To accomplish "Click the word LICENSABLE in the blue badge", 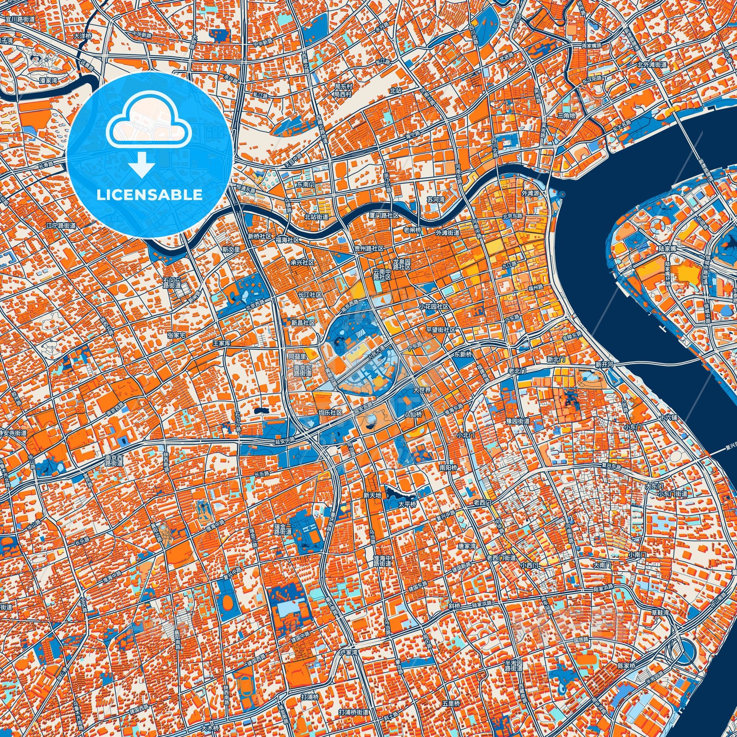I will click(150, 195).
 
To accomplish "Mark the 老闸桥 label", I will click(412, 230).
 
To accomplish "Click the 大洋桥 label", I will click(83, 37).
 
